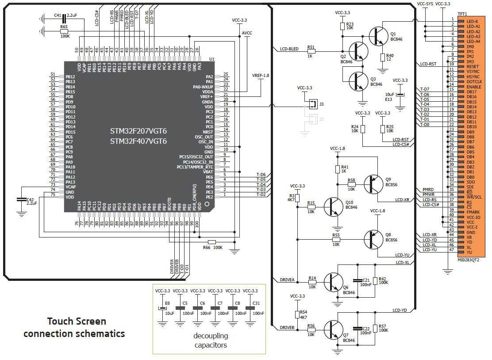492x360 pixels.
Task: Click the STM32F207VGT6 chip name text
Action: coord(138,131)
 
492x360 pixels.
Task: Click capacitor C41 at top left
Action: coord(64,18)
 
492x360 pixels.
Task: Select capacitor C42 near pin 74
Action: coord(20,200)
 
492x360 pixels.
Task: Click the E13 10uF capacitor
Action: coord(400,95)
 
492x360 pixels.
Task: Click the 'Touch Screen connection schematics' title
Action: coord(74,327)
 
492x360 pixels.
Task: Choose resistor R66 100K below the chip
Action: coord(212,242)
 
